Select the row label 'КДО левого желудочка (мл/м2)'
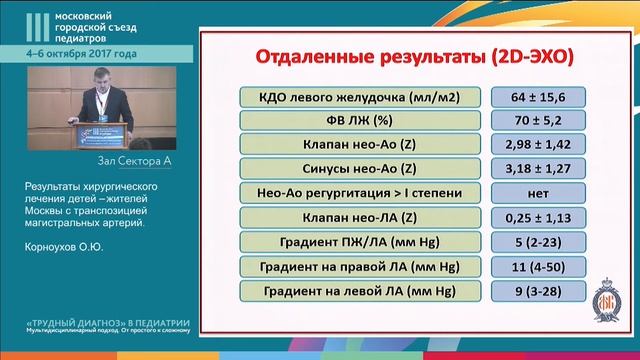coord(358,98)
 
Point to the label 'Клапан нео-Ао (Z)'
coord(358,146)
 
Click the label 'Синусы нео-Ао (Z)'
coord(358,170)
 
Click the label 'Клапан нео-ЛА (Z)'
coord(358,218)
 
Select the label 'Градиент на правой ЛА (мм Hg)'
coord(358,266)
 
